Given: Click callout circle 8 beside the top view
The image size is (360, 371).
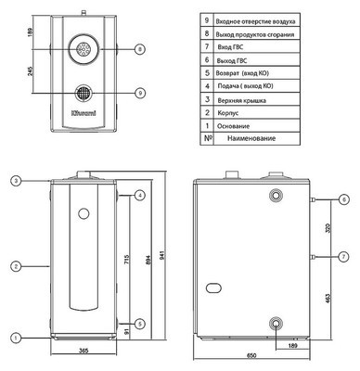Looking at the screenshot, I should tap(139, 48).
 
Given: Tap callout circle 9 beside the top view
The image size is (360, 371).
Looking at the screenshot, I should tap(139, 93).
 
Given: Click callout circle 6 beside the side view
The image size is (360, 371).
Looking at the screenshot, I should tap(343, 199).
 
